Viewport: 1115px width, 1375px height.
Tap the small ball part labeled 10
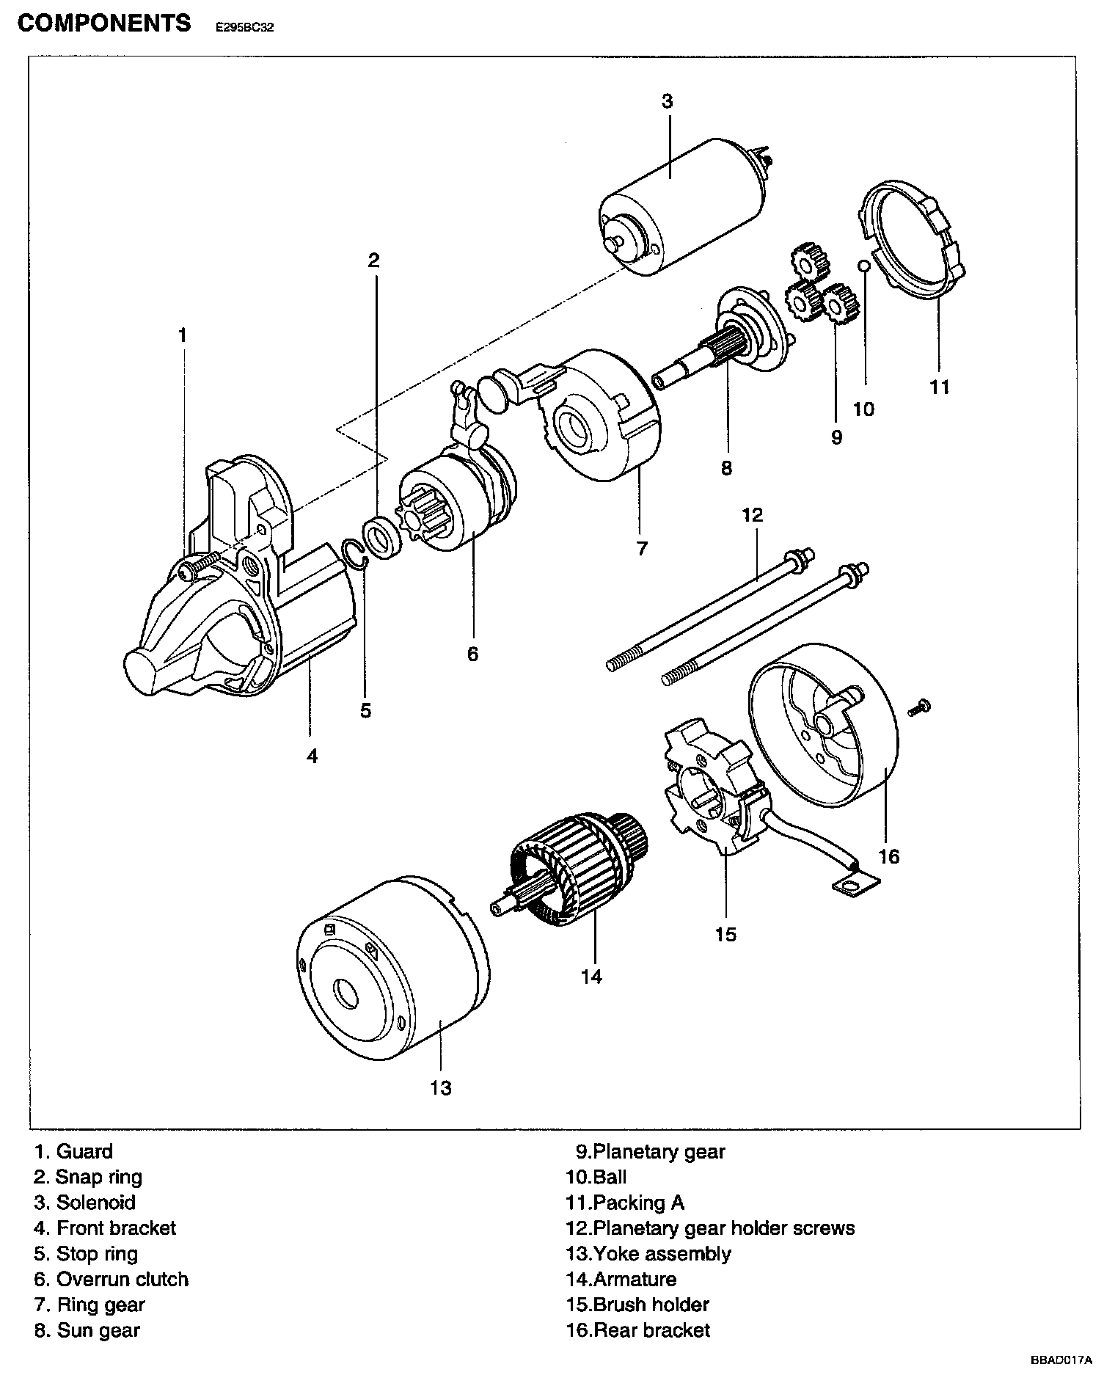click(865, 265)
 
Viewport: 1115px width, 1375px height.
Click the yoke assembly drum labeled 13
click(389, 976)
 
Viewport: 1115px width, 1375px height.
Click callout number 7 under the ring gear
click(642, 548)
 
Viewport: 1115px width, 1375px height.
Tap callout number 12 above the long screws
click(753, 514)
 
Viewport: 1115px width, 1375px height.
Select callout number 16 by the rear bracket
click(888, 856)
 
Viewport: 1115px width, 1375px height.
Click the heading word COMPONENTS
click(104, 23)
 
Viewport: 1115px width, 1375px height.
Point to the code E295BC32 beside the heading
click(244, 29)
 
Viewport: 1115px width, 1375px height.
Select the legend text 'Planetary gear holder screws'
click(723, 1228)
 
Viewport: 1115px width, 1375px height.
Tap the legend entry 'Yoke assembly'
click(662, 1253)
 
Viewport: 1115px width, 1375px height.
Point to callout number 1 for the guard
click(182, 336)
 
